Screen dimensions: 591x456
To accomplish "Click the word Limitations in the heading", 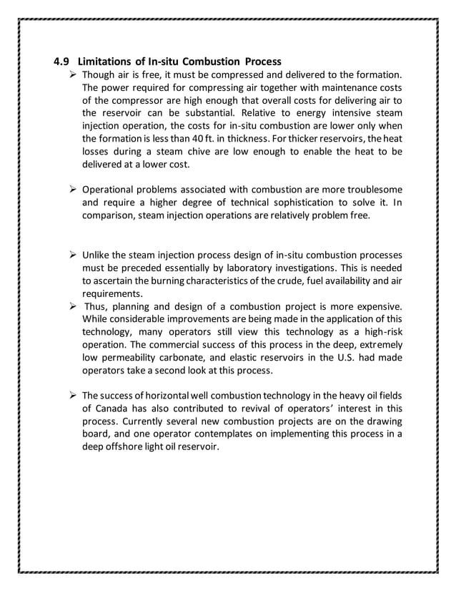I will pyautogui.click(x=107, y=60).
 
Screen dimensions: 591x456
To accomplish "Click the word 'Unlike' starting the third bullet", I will pyautogui.click(x=98, y=255).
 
